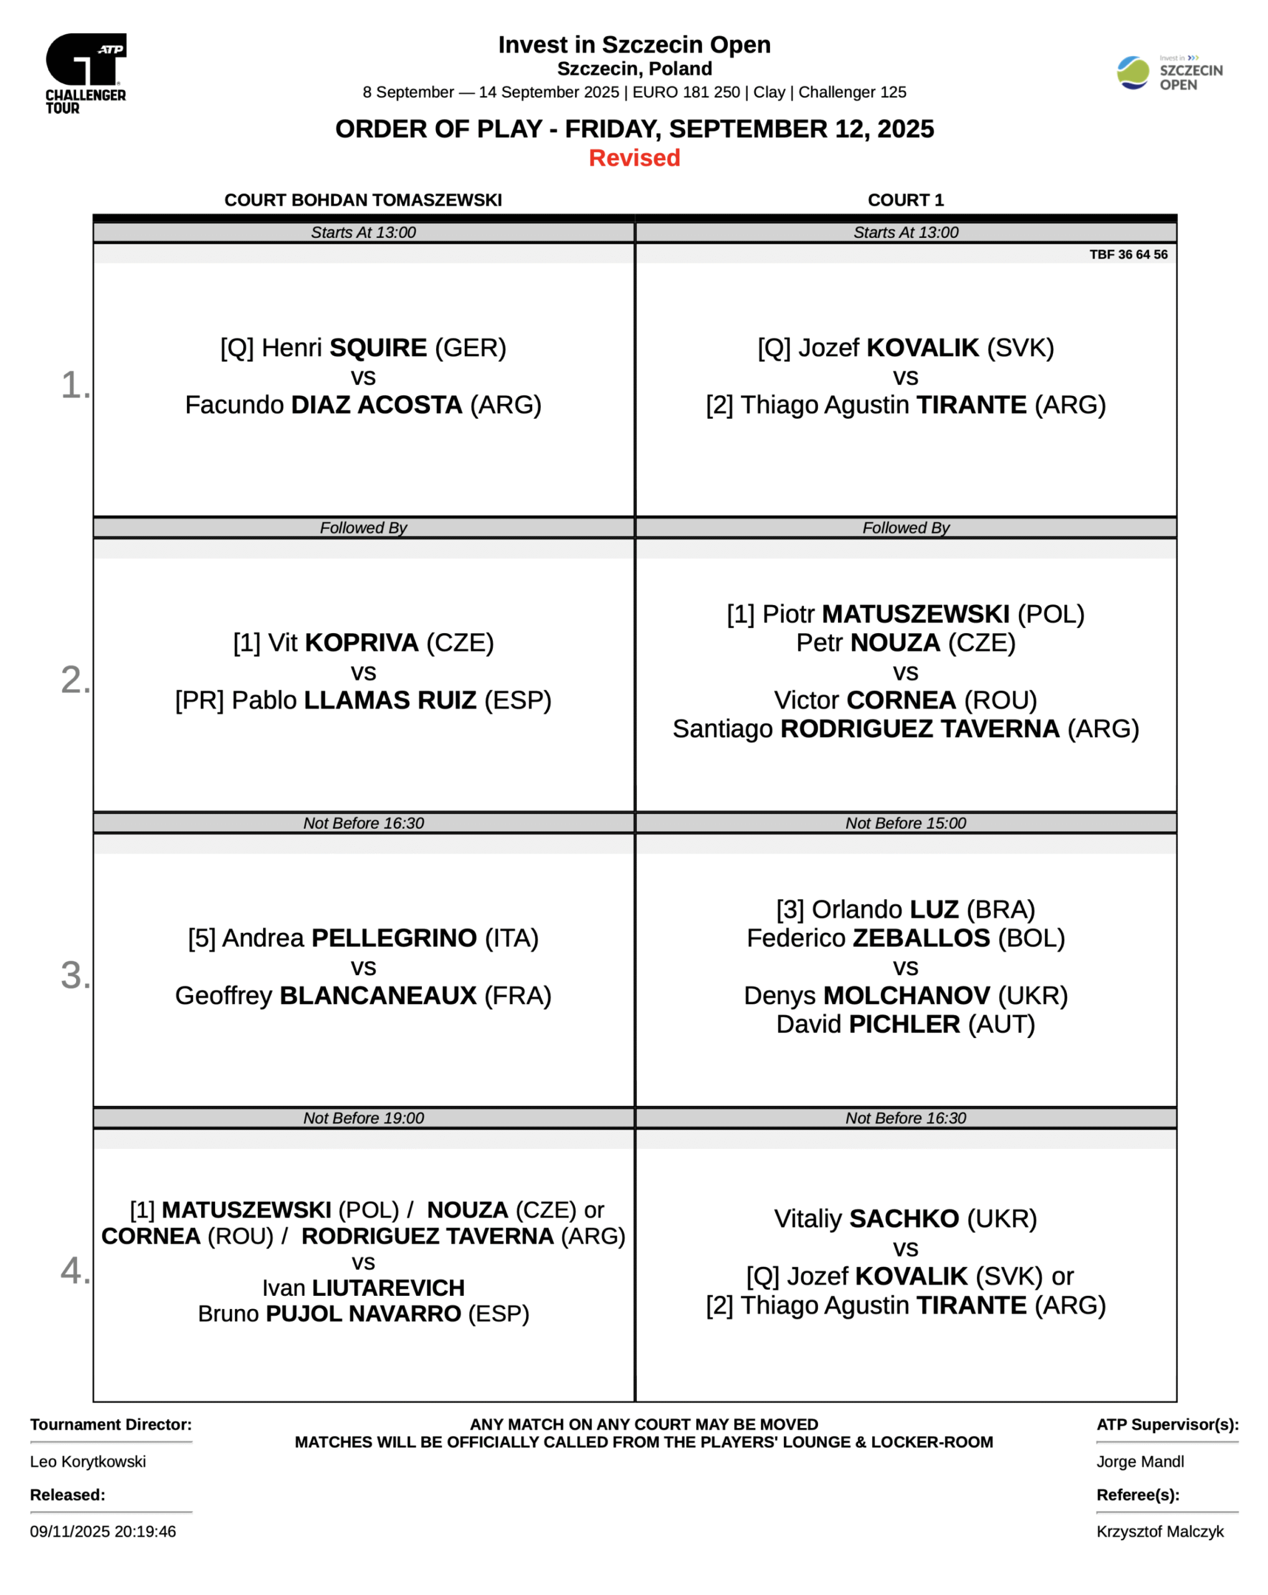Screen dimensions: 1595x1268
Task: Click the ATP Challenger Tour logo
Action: tap(86, 72)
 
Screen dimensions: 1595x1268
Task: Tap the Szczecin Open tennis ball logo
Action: tap(1132, 72)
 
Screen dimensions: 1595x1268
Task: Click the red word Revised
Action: tap(634, 158)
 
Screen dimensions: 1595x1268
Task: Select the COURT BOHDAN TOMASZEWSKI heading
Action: tap(363, 200)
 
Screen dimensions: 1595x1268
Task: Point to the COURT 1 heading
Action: tap(905, 200)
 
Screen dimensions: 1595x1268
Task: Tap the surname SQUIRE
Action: tap(378, 348)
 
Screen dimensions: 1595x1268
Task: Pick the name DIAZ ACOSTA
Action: tap(376, 404)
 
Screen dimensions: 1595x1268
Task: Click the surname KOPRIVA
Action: tap(362, 642)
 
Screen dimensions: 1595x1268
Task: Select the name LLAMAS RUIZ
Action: tap(390, 700)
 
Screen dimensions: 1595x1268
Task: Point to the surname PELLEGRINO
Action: tap(394, 937)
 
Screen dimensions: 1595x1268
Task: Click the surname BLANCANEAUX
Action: tap(378, 995)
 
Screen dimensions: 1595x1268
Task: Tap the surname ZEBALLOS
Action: tap(921, 937)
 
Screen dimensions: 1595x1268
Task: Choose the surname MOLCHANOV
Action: tap(906, 995)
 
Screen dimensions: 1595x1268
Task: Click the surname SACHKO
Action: tap(903, 1219)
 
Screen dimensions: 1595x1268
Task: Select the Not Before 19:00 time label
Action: tap(363, 1118)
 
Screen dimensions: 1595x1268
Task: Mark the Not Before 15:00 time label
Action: tap(905, 822)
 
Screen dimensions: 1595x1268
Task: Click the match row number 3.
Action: tap(74, 974)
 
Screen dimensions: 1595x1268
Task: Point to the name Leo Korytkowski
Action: tap(88, 1461)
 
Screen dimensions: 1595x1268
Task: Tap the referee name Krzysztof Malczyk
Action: tap(1159, 1531)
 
